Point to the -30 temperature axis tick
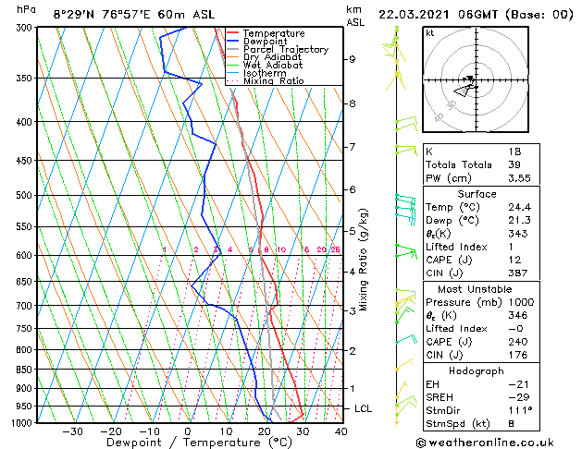coord(71,431)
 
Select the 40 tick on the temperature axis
coord(341,431)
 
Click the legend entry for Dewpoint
coord(265,42)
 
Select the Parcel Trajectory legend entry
coord(285,50)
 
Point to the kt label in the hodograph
coord(430,32)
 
